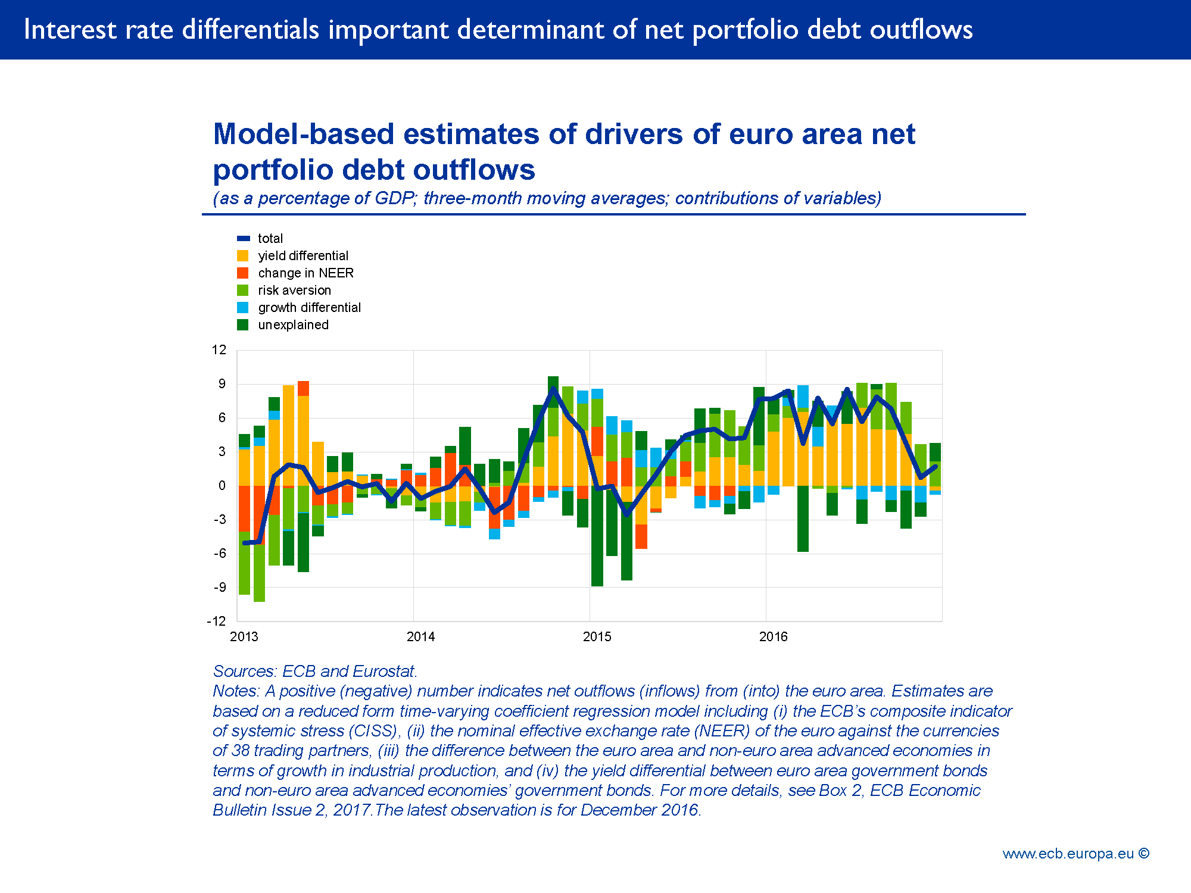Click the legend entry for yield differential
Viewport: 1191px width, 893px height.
click(303, 256)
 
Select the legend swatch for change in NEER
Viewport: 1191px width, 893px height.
click(242, 273)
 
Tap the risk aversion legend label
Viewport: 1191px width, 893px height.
click(294, 291)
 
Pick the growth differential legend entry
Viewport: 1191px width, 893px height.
click(309, 308)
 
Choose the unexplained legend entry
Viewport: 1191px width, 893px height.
click(293, 325)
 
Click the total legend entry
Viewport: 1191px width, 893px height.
click(270, 239)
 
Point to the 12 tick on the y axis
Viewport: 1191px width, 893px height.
click(219, 350)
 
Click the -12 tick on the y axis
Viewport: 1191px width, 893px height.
click(217, 622)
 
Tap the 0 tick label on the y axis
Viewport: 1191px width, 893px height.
click(222, 486)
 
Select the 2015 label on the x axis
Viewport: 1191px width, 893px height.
click(597, 637)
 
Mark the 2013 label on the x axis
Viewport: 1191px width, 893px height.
click(244, 637)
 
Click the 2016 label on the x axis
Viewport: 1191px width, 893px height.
click(773, 637)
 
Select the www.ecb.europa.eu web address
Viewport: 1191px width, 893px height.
click(1068, 854)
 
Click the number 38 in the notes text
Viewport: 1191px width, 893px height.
click(240, 751)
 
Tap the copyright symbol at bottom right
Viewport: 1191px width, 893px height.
click(1143, 853)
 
